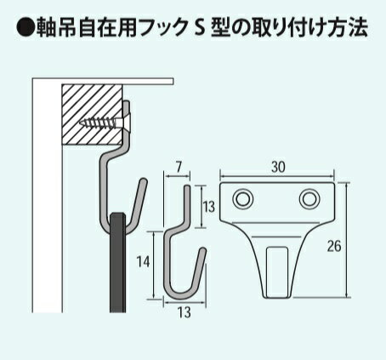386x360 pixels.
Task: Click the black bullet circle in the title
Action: [26, 27]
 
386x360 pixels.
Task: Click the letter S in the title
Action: [200, 28]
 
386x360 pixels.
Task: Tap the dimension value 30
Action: [278, 168]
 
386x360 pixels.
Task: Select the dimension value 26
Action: [334, 246]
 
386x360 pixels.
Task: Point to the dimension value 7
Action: [179, 167]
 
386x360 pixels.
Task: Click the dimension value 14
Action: [143, 261]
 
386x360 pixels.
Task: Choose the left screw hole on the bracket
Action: [243, 198]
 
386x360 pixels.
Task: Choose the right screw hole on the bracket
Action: [309, 198]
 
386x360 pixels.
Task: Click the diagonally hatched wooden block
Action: [92, 114]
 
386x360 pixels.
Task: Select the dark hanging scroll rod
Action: [117, 262]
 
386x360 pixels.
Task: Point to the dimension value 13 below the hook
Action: [184, 313]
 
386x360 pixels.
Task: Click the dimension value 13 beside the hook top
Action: [209, 207]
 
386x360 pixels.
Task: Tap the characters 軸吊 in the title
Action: [56, 28]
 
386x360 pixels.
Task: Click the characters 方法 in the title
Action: [348, 28]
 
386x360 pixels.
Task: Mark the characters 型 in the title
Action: [221, 28]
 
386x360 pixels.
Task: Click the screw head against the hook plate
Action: [127, 123]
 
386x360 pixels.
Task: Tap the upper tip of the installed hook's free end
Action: [145, 180]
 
